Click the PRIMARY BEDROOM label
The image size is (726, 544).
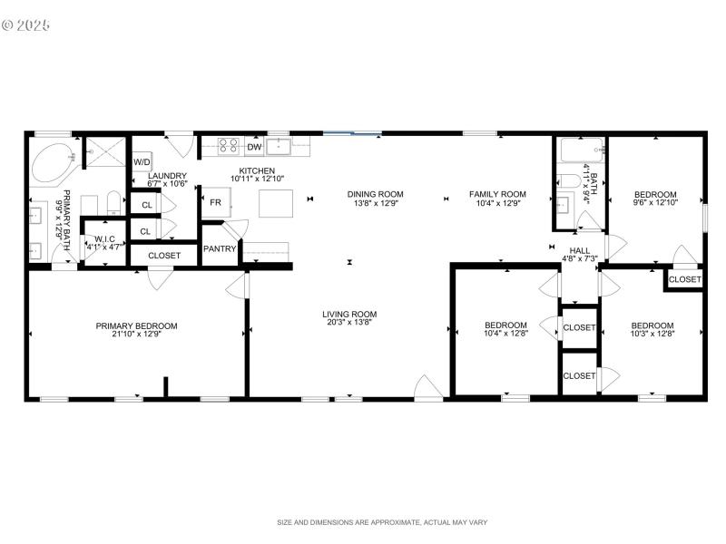coord(137,325)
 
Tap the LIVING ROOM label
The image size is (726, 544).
coord(349,315)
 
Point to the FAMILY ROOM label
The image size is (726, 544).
coord(496,194)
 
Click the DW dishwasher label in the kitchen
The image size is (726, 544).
coord(255,147)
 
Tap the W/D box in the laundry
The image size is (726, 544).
coord(142,162)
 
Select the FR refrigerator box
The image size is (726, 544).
coord(215,202)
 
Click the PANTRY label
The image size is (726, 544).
coord(219,248)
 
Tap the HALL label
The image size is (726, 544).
coord(579,250)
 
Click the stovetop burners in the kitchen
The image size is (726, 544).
coord(228,145)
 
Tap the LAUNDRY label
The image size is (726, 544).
coord(168,176)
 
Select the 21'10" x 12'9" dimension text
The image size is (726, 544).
coord(137,335)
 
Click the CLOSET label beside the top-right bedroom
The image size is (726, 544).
coord(684,279)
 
